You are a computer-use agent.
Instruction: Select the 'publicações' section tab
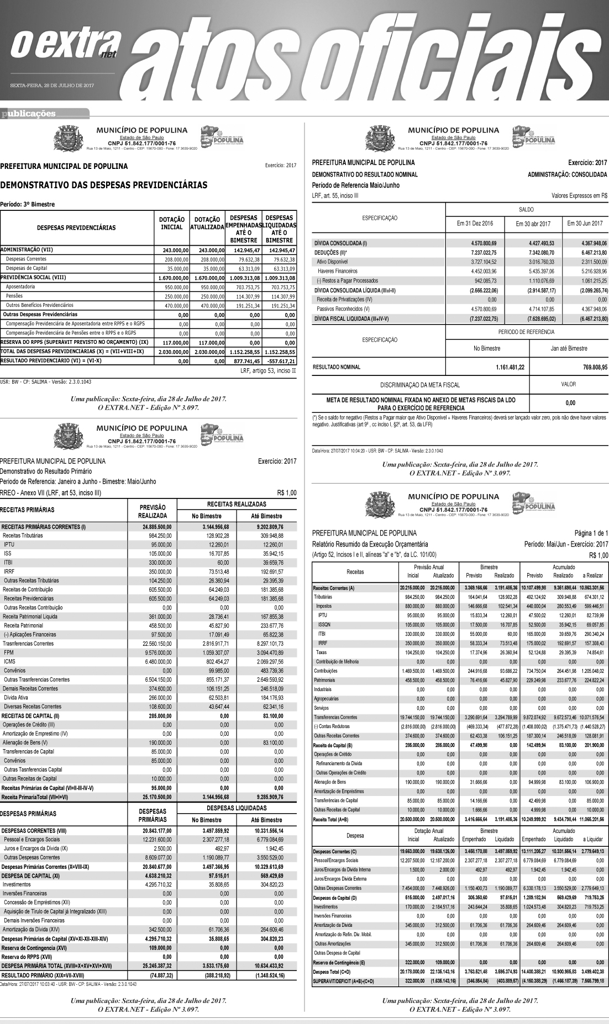point(29,114)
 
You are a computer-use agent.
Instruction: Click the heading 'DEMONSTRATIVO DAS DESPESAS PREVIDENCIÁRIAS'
point(104,185)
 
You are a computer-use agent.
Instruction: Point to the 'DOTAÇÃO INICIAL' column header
point(171,224)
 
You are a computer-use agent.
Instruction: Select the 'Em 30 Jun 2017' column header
point(585,224)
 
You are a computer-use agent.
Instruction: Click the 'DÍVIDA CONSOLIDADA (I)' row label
point(340,243)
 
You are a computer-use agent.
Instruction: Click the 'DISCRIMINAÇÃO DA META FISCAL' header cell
point(420,384)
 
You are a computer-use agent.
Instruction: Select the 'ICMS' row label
point(9,661)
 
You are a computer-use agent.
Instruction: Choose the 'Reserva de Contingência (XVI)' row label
point(35,947)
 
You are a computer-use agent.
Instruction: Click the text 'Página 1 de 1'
point(591,533)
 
